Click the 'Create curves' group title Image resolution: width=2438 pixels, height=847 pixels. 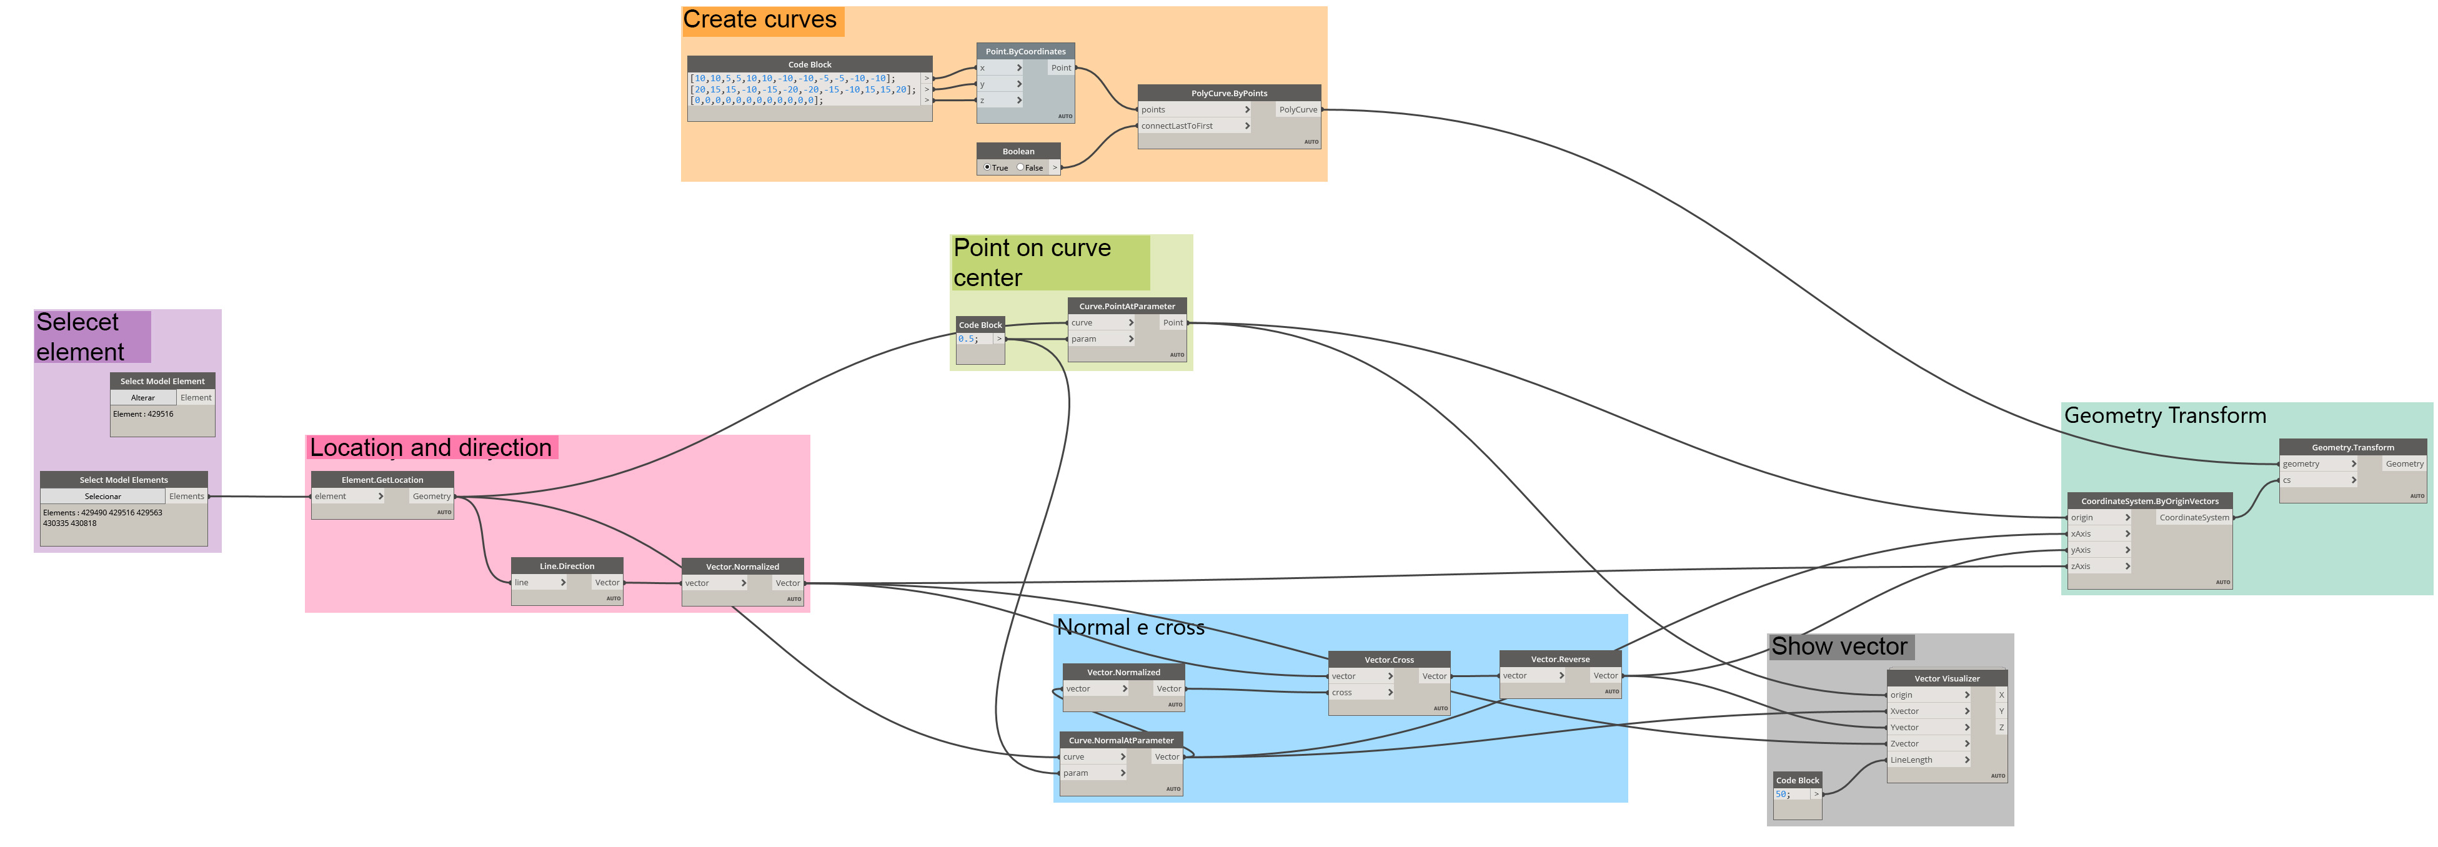coord(760,20)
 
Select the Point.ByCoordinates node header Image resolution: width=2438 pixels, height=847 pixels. coord(1025,52)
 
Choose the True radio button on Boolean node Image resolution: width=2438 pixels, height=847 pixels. coord(987,167)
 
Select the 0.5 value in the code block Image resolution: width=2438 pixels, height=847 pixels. coord(967,339)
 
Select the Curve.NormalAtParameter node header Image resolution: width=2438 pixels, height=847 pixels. coord(1120,741)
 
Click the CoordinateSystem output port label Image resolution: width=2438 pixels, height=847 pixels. coord(2194,518)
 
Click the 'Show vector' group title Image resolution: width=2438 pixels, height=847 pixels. coord(1839,647)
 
